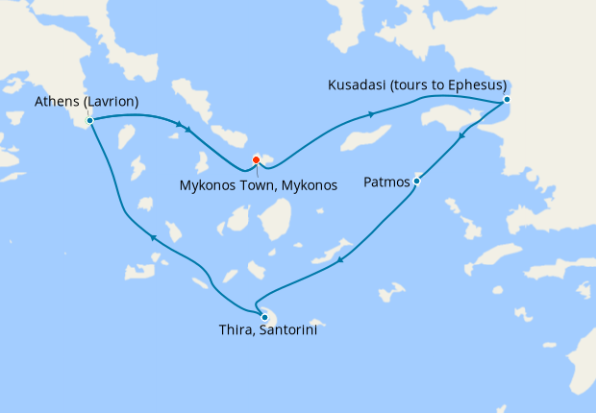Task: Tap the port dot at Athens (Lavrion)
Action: [89, 121]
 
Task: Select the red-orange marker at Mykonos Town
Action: [256, 159]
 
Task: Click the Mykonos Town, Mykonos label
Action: [258, 185]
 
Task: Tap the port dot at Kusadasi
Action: [507, 100]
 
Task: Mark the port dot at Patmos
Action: [416, 181]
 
